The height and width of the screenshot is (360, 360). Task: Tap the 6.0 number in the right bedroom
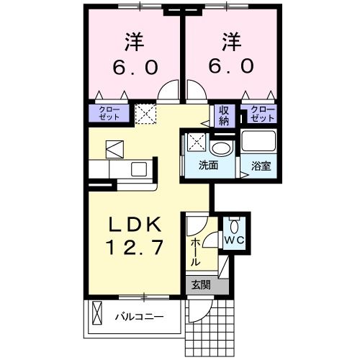click(x=231, y=67)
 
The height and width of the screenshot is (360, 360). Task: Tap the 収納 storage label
click(x=224, y=114)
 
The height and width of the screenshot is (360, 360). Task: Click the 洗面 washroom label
click(x=209, y=165)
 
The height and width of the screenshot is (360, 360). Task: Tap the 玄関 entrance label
click(x=201, y=284)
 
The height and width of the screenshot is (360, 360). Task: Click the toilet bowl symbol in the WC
click(x=234, y=223)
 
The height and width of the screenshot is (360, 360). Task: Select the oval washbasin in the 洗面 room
click(x=221, y=148)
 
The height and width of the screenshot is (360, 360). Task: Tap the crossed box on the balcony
click(x=96, y=315)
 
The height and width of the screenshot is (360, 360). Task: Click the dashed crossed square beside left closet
click(x=145, y=113)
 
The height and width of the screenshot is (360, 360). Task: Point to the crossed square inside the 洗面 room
click(x=197, y=142)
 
